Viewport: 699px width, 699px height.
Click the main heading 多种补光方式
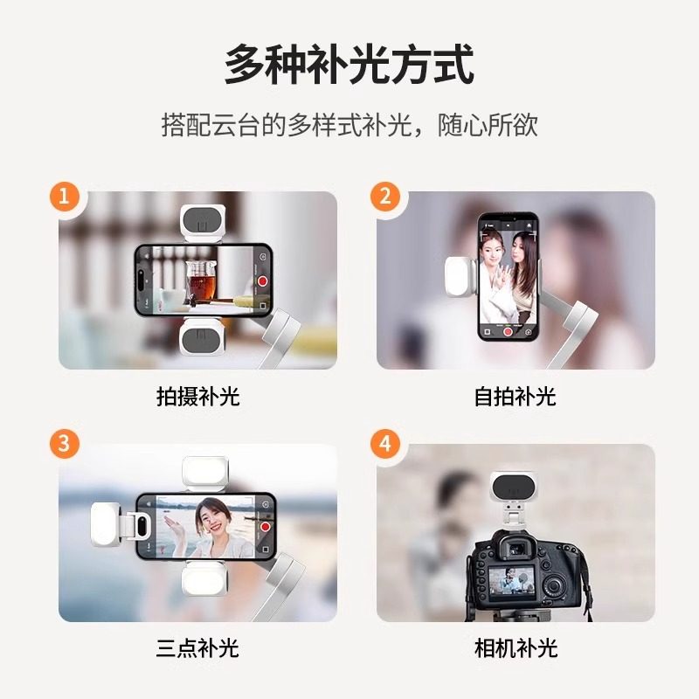[x=349, y=65]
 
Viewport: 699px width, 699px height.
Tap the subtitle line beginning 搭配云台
[x=349, y=125]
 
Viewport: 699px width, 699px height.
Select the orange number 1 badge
[x=64, y=196]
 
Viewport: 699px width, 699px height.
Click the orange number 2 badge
[x=385, y=196]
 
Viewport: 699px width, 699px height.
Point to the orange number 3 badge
[x=64, y=443]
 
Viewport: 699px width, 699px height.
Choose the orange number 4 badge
[x=385, y=443]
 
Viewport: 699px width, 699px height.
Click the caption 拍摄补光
[x=198, y=397]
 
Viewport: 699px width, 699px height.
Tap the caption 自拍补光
[x=516, y=397]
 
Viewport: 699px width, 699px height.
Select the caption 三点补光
[x=198, y=647]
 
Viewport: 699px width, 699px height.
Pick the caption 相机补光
[x=516, y=647]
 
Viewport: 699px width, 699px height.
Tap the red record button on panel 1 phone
[x=263, y=281]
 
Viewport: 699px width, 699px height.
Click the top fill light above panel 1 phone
[x=203, y=224]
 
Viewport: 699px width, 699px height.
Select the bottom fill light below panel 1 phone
[x=203, y=336]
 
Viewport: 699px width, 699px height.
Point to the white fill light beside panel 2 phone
[x=460, y=277]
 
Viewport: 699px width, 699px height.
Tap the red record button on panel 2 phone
[x=508, y=332]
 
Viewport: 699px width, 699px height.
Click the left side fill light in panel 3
[x=107, y=524]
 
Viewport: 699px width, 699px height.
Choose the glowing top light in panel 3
[x=205, y=473]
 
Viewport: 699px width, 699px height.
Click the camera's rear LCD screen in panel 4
[x=511, y=581]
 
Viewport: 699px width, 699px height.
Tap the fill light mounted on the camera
[x=514, y=488]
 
